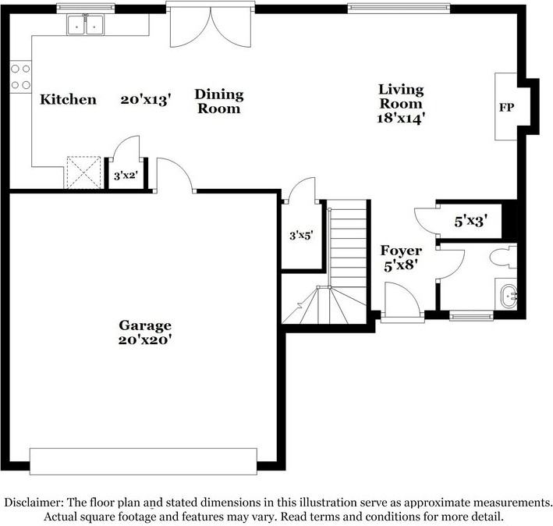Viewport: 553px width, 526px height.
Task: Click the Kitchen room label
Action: pos(68,99)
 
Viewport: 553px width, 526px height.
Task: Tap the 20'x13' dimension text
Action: pos(146,100)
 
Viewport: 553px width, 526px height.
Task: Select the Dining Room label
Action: pos(219,101)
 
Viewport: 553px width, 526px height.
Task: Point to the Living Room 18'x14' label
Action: pos(400,104)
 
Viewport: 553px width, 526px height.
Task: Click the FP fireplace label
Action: pos(506,107)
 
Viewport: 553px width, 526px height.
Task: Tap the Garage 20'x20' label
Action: pos(145,332)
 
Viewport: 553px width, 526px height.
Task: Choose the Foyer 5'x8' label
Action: pos(401,258)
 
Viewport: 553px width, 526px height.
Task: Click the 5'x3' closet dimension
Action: pos(471,222)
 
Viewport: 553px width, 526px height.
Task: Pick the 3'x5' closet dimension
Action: pos(301,236)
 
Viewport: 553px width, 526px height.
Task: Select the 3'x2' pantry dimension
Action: pos(126,175)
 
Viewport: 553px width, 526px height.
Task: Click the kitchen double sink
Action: pos(85,25)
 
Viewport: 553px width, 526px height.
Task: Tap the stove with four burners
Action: pos(20,77)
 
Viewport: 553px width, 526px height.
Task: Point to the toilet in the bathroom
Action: pos(503,257)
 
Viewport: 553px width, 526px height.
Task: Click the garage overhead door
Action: pos(144,461)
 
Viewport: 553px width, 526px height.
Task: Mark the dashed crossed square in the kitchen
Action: pos(84,172)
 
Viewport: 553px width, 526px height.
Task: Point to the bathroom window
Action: pos(471,315)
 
